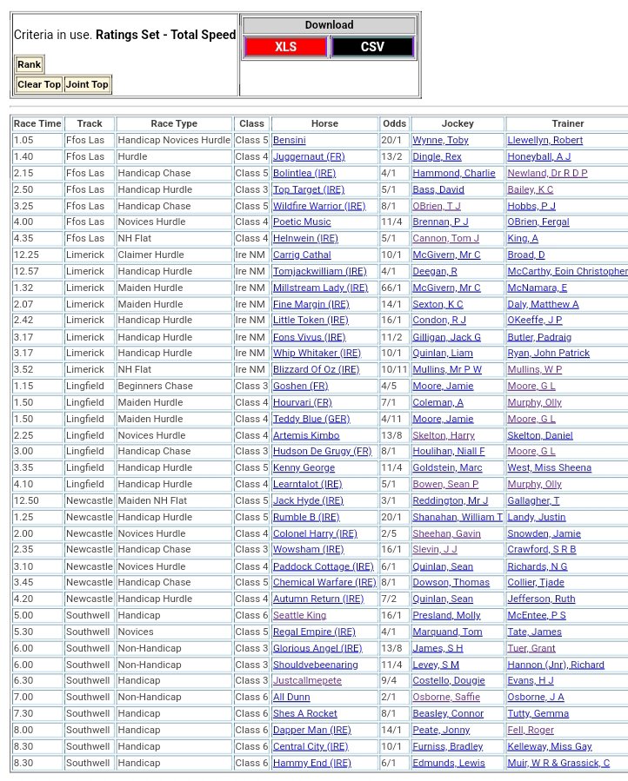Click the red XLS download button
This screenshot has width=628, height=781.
tap(285, 47)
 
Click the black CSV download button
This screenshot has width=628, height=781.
tap(372, 47)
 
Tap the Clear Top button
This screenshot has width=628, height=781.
tap(39, 84)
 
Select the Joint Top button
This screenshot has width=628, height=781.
tap(87, 84)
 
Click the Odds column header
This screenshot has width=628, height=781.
tap(394, 124)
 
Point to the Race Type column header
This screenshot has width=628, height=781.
tap(174, 124)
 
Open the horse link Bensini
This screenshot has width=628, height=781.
tap(289, 140)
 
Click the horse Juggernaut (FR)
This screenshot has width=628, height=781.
tap(309, 156)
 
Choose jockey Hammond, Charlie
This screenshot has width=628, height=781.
tap(453, 173)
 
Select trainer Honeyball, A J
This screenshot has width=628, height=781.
tap(539, 156)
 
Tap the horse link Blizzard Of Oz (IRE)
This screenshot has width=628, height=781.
tap(316, 369)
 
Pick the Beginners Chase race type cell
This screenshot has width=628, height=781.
tap(155, 386)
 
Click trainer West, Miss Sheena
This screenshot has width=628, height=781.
tap(549, 467)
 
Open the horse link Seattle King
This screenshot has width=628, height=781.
tap(299, 615)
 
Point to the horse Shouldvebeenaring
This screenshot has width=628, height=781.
tap(315, 665)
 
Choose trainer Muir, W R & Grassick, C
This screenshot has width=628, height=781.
tap(558, 763)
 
